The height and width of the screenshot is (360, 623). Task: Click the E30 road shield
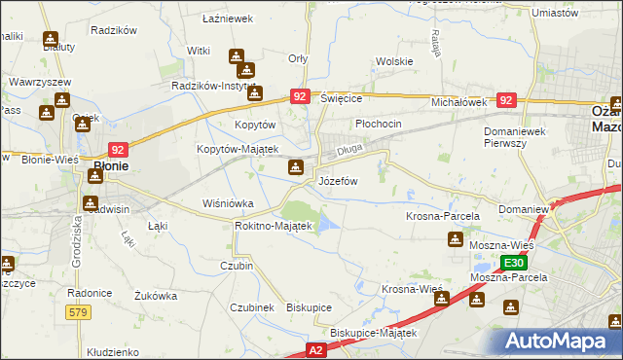point(515,263)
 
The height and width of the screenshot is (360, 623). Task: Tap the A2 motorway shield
point(314,348)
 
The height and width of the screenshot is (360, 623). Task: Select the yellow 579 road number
point(80,311)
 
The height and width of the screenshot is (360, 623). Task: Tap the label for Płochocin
point(379,125)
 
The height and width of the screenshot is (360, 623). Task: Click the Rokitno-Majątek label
point(273,226)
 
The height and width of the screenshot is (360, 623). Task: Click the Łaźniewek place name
point(228,18)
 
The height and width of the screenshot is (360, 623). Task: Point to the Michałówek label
point(458,101)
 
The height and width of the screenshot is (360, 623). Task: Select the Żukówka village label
point(156,295)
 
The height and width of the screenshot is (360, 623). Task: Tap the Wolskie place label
point(394,61)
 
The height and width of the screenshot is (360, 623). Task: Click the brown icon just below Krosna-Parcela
point(455,240)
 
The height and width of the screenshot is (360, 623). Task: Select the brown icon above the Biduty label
point(51,41)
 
